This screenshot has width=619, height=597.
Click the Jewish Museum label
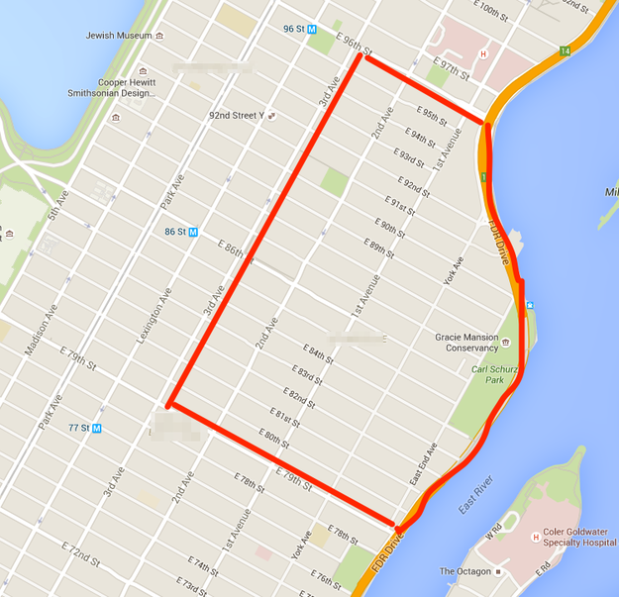coord(120,36)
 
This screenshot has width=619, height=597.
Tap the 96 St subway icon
coord(311,30)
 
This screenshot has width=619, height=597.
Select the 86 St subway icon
coord(193,232)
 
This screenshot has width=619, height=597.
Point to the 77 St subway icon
coord(97,429)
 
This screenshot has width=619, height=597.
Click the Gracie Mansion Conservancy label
coord(466,343)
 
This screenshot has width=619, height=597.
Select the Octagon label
coord(464,571)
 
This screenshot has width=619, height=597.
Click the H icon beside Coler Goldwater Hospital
coord(536,538)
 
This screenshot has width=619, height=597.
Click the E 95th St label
coord(433,115)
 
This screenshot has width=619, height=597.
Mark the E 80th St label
coord(274,439)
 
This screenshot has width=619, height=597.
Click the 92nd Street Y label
coord(239,115)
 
